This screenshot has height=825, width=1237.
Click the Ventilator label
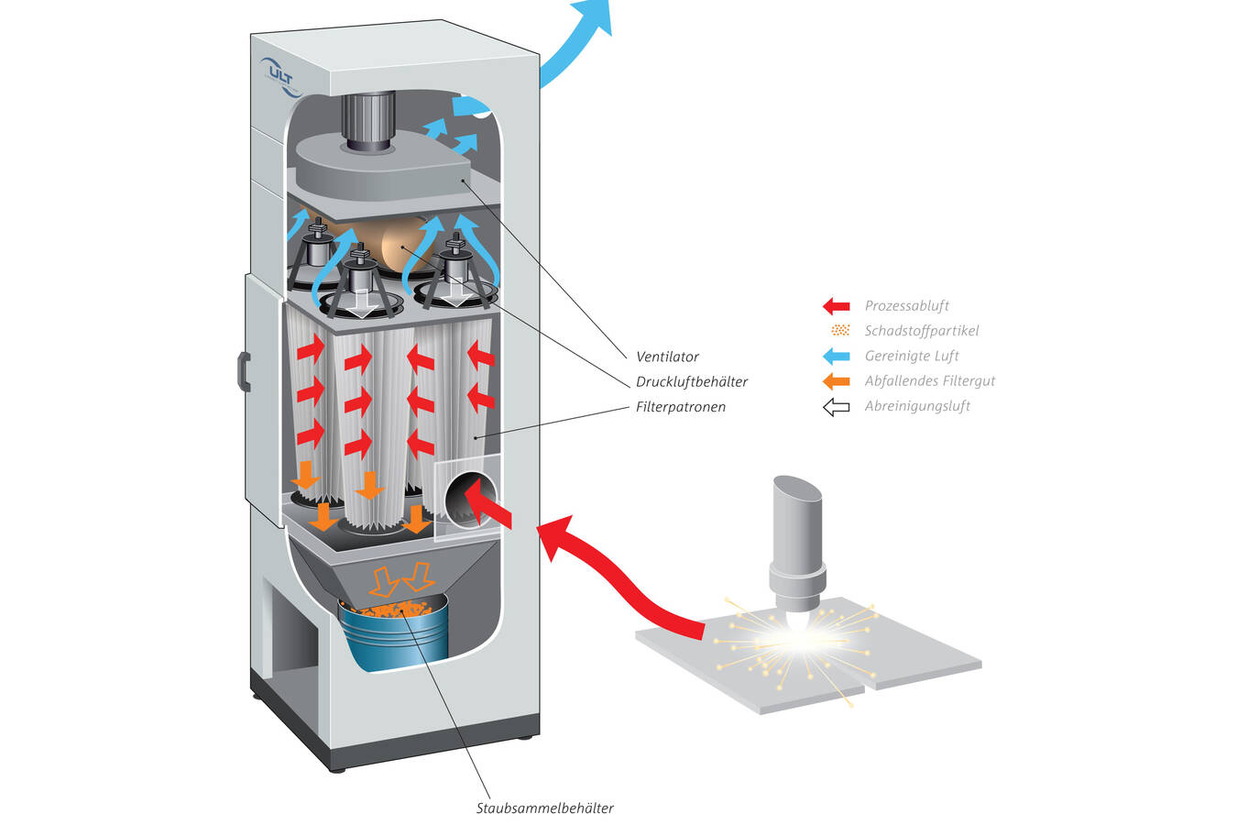[667, 357]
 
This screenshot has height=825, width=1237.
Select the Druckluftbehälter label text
[692, 381]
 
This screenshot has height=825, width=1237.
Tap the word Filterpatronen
[680, 407]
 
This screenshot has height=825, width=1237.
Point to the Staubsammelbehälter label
[544, 808]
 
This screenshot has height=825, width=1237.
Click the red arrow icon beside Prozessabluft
[836, 306]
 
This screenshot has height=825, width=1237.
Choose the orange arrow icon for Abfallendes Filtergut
[836, 381]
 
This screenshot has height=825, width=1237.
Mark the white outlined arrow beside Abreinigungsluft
[836, 407]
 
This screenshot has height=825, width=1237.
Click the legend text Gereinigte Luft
[912, 357]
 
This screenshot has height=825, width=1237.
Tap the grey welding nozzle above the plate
[797, 541]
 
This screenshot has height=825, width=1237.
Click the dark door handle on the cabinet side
[244, 371]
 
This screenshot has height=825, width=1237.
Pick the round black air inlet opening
[469, 500]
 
